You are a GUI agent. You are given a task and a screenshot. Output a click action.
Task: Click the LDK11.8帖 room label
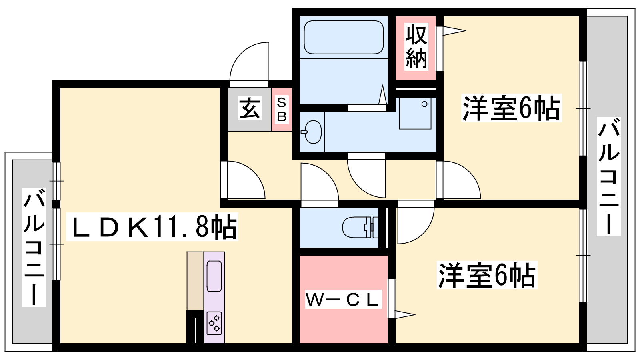[x=152, y=226]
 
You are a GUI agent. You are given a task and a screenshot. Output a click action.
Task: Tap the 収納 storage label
[x=416, y=46]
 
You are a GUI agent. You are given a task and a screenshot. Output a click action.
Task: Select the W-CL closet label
[x=344, y=299]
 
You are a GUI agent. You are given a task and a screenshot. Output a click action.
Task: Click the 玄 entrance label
[x=250, y=108]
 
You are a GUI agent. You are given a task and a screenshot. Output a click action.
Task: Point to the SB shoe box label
[x=282, y=110]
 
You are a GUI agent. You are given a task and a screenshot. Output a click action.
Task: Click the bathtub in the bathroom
[x=344, y=37]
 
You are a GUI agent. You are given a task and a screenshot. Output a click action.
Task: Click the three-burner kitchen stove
[x=214, y=323]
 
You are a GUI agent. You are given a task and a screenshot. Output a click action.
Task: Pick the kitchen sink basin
[x=214, y=276]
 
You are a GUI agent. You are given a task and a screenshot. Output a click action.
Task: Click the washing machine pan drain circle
[x=424, y=104]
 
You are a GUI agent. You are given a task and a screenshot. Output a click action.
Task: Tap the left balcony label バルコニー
[x=34, y=247]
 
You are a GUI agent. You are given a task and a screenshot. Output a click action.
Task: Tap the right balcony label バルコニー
[x=608, y=176]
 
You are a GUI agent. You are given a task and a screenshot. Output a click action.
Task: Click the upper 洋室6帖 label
[x=512, y=108]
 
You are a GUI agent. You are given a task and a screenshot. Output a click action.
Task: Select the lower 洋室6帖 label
[x=487, y=275]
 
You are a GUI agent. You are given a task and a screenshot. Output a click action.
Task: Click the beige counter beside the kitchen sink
[x=195, y=281]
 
